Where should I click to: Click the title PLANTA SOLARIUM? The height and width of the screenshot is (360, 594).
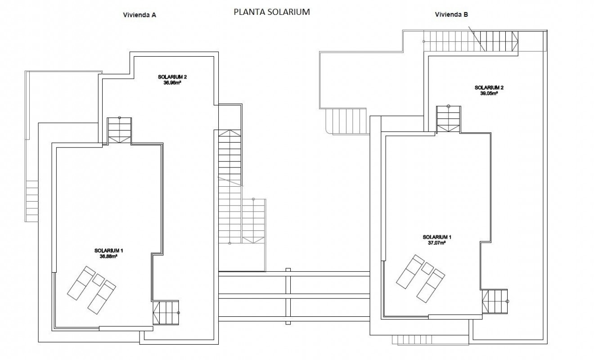tap(271, 12)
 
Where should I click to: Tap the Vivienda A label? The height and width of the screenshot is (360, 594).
tap(140, 15)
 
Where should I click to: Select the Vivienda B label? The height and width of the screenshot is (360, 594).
tap(451, 14)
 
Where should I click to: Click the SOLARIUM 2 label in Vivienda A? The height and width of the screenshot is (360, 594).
tap(172, 77)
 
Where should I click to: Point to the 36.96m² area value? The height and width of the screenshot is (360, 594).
tap(172, 82)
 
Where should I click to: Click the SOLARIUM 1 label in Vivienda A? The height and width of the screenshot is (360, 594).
tap(109, 251)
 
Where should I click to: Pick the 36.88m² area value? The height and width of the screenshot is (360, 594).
tap(109, 256)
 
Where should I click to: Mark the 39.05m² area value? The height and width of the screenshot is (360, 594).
tap(489, 94)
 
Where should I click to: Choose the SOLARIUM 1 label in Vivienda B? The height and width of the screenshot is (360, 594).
tap(437, 237)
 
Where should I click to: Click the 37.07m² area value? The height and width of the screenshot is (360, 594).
tap(437, 243)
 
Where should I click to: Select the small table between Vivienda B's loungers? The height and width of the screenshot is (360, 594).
tap(427, 269)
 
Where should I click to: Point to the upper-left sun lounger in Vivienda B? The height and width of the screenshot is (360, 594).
tap(409, 271)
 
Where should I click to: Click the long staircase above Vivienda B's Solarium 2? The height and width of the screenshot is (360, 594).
tap(471, 41)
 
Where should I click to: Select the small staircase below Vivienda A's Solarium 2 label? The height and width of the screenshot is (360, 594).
tap(119, 130)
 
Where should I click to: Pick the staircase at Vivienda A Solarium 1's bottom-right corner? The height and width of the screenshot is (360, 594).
tap(166, 312)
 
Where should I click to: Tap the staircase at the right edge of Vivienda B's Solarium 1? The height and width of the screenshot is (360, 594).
tap(495, 301)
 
